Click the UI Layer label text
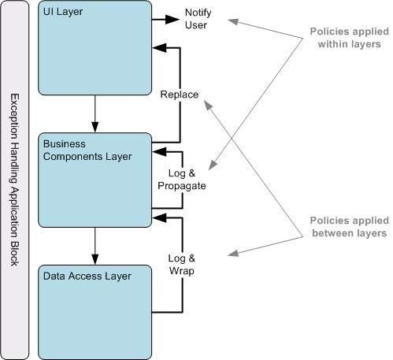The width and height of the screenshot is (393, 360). (63, 12)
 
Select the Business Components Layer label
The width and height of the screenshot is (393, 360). (87, 150)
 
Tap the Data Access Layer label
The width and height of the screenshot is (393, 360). (87, 276)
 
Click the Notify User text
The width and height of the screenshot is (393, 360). (198, 19)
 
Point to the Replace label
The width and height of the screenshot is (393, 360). (180, 95)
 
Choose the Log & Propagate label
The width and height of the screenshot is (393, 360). (182, 180)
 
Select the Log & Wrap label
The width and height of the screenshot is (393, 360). (182, 265)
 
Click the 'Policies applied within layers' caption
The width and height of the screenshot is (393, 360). (349, 38)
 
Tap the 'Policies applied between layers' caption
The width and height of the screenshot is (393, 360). (349, 227)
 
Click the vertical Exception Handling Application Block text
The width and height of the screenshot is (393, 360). (14, 180)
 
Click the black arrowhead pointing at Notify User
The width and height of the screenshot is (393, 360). (172, 19)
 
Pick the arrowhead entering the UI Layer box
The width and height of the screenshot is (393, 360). (159, 48)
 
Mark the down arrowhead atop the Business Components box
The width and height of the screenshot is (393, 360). (95, 127)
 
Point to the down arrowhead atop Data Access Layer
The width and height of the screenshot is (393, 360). (95, 259)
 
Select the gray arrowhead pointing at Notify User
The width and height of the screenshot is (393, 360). (233, 21)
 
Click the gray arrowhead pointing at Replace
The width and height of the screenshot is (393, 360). (209, 105)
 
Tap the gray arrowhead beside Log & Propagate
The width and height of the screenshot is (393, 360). (213, 165)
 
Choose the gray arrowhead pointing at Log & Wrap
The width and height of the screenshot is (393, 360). (233, 253)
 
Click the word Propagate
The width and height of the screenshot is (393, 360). (182, 186)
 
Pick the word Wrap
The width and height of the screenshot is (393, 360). (182, 270)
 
